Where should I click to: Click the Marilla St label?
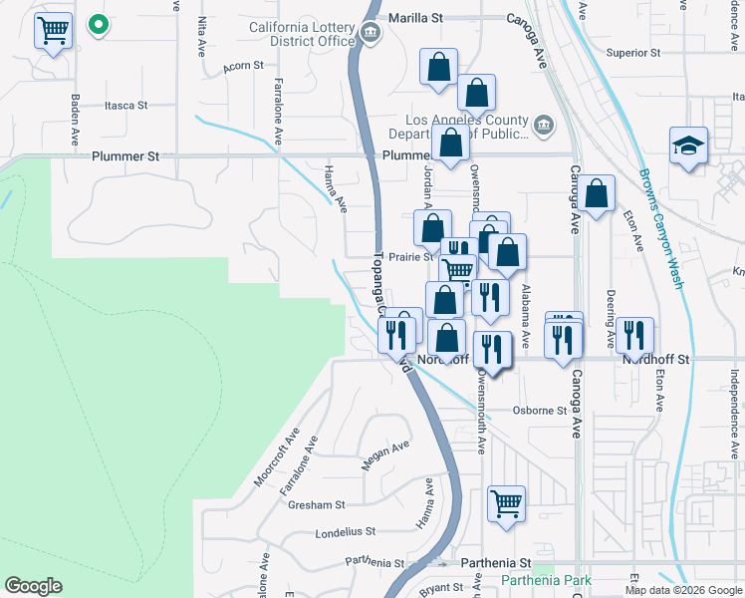pos(414,18)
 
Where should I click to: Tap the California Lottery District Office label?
pos(302,34)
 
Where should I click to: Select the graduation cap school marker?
pos(688,147)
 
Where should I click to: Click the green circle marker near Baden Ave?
pos(98,24)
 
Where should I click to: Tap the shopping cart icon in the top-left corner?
pos(53,30)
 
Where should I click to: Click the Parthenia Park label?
pos(545,580)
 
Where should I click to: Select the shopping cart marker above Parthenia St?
pos(506,502)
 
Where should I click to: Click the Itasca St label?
pos(125,105)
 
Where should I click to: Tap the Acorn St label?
pos(243,66)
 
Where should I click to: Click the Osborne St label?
pos(539,410)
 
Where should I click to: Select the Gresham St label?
pos(316,505)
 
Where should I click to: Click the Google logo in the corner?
pos(33,586)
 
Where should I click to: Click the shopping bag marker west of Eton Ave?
pos(596,195)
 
